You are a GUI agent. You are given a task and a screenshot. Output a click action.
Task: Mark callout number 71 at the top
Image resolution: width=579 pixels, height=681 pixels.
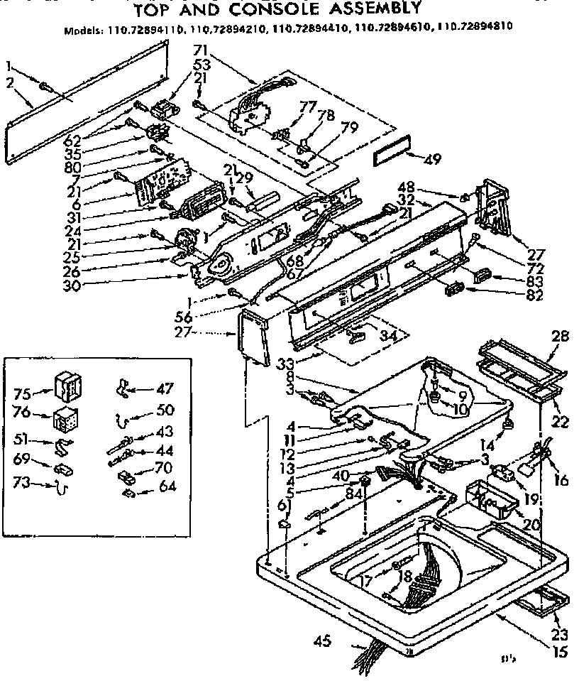pos(201,50)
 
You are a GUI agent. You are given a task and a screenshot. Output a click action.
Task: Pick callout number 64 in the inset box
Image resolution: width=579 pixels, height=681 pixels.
pos(168,488)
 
